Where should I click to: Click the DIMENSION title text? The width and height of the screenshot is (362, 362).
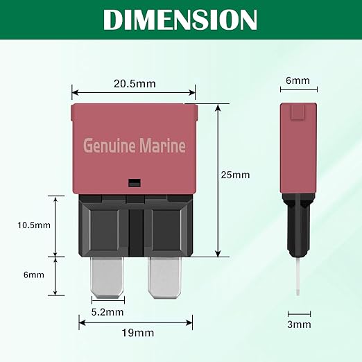coord(180,19)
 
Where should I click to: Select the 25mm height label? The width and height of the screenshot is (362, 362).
coord(236,175)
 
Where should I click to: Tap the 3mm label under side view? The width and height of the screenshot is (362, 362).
coord(300,324)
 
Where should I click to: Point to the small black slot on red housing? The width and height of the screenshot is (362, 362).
coord(135,183)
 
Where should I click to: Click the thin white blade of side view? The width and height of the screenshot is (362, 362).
coord(297,277)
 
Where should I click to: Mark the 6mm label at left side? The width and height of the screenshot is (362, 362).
coord(33,275)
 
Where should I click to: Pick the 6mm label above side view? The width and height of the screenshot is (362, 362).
coord(298,80)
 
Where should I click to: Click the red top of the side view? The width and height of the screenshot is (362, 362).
coord(298,146)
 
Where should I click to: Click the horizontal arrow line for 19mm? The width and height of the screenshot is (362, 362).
coord(133,322)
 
